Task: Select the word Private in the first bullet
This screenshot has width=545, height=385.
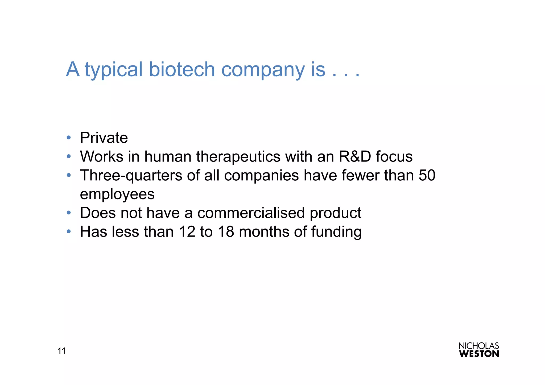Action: pos(104,138)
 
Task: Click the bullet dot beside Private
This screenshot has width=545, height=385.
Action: pos(69,138)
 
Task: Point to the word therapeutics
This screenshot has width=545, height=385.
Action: pos(238,157)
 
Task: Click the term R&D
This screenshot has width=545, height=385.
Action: pos(355,156)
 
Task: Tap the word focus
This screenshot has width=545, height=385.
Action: pos(394,156)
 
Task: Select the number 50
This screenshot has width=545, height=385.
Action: pos(427,175)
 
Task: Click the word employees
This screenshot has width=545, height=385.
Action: pos(117,194)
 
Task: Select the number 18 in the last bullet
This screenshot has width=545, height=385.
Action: pos(226,232)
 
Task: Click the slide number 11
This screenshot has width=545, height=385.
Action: pos(61,351)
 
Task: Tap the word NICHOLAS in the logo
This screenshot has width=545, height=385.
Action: pos(478,346)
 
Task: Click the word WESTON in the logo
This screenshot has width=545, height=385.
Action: pos(479,354)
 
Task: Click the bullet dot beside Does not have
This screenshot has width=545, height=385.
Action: pos(69,213)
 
